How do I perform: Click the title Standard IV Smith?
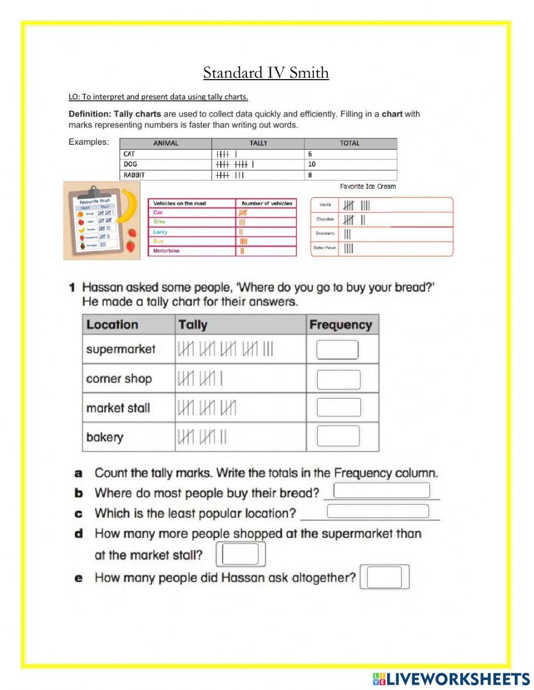(x=266, y=73)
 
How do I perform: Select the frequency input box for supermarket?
(x=337, y=350)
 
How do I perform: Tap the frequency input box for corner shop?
(x=339, y=379)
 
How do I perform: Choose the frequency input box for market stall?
(x=339, y=407)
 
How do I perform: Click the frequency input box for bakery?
(x=338, y=436)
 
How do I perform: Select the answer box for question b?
(x=381, y=490)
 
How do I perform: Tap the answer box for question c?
(x=378, y=511)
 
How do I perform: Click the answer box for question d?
(x=240, y=554)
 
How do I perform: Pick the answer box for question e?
(x=384, y=577)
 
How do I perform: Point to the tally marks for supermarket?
(x=225, y=350)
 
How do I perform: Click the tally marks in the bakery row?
(x=202, y=437)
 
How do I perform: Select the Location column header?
(x=112, y=325)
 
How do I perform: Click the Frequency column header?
(x=340, y=325)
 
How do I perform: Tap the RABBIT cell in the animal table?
(x=134, y=175)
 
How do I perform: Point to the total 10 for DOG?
(x=312, y=164)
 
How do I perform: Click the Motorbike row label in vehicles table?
(x=166, y=251)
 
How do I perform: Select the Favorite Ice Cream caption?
(x=368, y=187)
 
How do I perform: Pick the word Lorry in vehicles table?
(x=160, y=232)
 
